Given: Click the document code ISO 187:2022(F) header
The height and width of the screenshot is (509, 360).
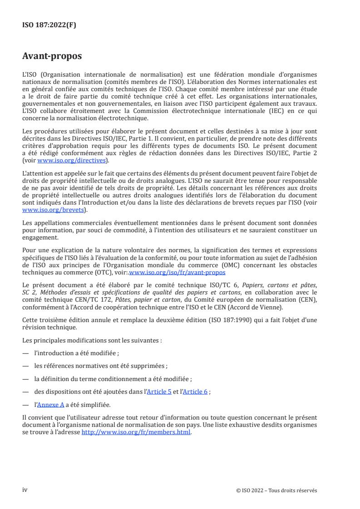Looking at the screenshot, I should coord(49,25).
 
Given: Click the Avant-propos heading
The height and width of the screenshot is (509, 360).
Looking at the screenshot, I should coord(52,57).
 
